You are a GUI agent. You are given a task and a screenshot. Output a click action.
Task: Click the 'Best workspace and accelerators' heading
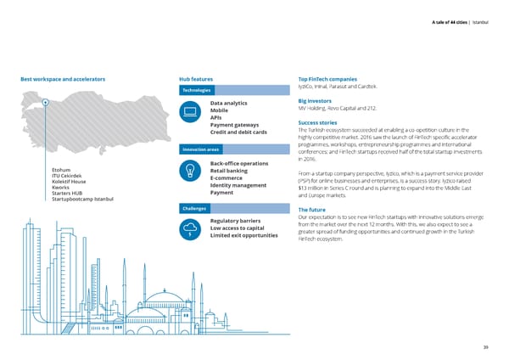(x=63, y=80)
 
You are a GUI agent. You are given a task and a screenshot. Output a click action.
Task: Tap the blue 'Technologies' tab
(x=197, y=91)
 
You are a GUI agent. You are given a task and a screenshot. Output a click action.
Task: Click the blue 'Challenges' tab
(x=194, y=209)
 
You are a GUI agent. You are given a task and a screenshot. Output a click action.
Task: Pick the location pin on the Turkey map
(x=44, y=104)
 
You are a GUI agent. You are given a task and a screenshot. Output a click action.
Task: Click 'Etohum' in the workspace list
(x=63, y=169)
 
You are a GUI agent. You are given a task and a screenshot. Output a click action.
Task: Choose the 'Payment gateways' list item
(x=234, y=125)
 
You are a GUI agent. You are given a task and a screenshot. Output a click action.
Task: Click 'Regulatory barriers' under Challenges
(x=234, y=222)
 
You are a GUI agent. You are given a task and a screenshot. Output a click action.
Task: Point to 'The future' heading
(x=312, y=210)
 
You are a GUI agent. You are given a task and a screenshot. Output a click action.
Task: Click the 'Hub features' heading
(x=202, y=80)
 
